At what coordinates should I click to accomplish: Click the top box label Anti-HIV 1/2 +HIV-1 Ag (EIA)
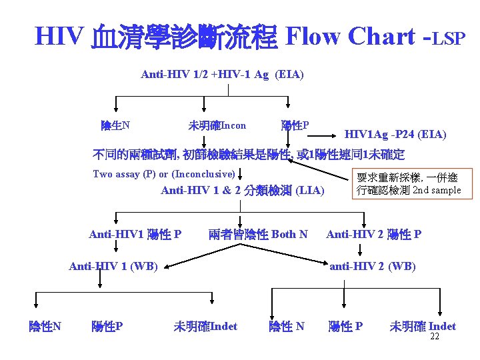pos(222,75)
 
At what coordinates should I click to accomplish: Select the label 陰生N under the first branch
pos(115,125)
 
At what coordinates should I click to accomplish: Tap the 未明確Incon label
pos(217,125)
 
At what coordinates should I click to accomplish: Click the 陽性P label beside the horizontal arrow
pos(295,125)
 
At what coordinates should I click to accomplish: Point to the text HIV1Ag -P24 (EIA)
pos(395,135)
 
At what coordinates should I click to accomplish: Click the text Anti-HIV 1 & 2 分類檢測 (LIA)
pos(243,191)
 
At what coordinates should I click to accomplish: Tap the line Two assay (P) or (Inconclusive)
pos(164,174)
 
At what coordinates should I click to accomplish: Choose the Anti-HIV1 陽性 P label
pos(135,234)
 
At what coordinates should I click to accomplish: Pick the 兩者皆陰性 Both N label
pos(258,234)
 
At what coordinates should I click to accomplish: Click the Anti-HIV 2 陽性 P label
pos(373,234)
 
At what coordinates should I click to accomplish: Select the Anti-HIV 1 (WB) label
pos(113,267)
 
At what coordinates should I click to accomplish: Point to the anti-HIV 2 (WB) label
pos(373,267)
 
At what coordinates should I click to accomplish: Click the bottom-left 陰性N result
pos(45,327)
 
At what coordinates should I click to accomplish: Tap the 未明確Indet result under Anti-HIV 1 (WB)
pos(205,327)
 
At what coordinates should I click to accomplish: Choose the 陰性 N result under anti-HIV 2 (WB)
pos(287,327)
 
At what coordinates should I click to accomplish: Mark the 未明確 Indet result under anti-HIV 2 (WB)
pos(423,327)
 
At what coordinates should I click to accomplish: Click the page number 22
pos(435,337)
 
